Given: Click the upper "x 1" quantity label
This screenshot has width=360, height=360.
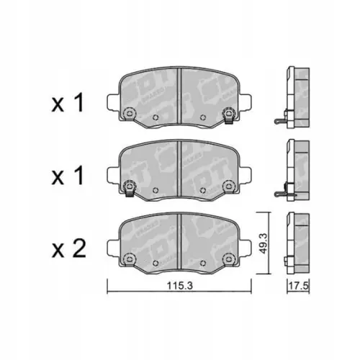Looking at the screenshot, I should click(68, 104).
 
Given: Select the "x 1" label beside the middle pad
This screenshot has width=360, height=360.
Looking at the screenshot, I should click(68, 176).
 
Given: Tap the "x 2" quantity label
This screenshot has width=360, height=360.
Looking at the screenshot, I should click(68, 250).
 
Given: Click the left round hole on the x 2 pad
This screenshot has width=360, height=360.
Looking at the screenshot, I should click(130, 259).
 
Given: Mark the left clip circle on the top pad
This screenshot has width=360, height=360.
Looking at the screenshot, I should click(130, 114).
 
